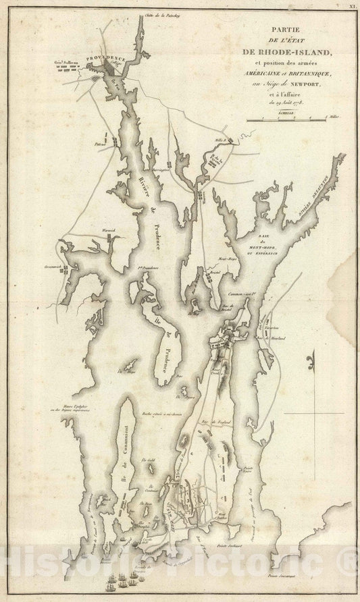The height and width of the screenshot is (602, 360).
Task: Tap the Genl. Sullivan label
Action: (x=68, y=65)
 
